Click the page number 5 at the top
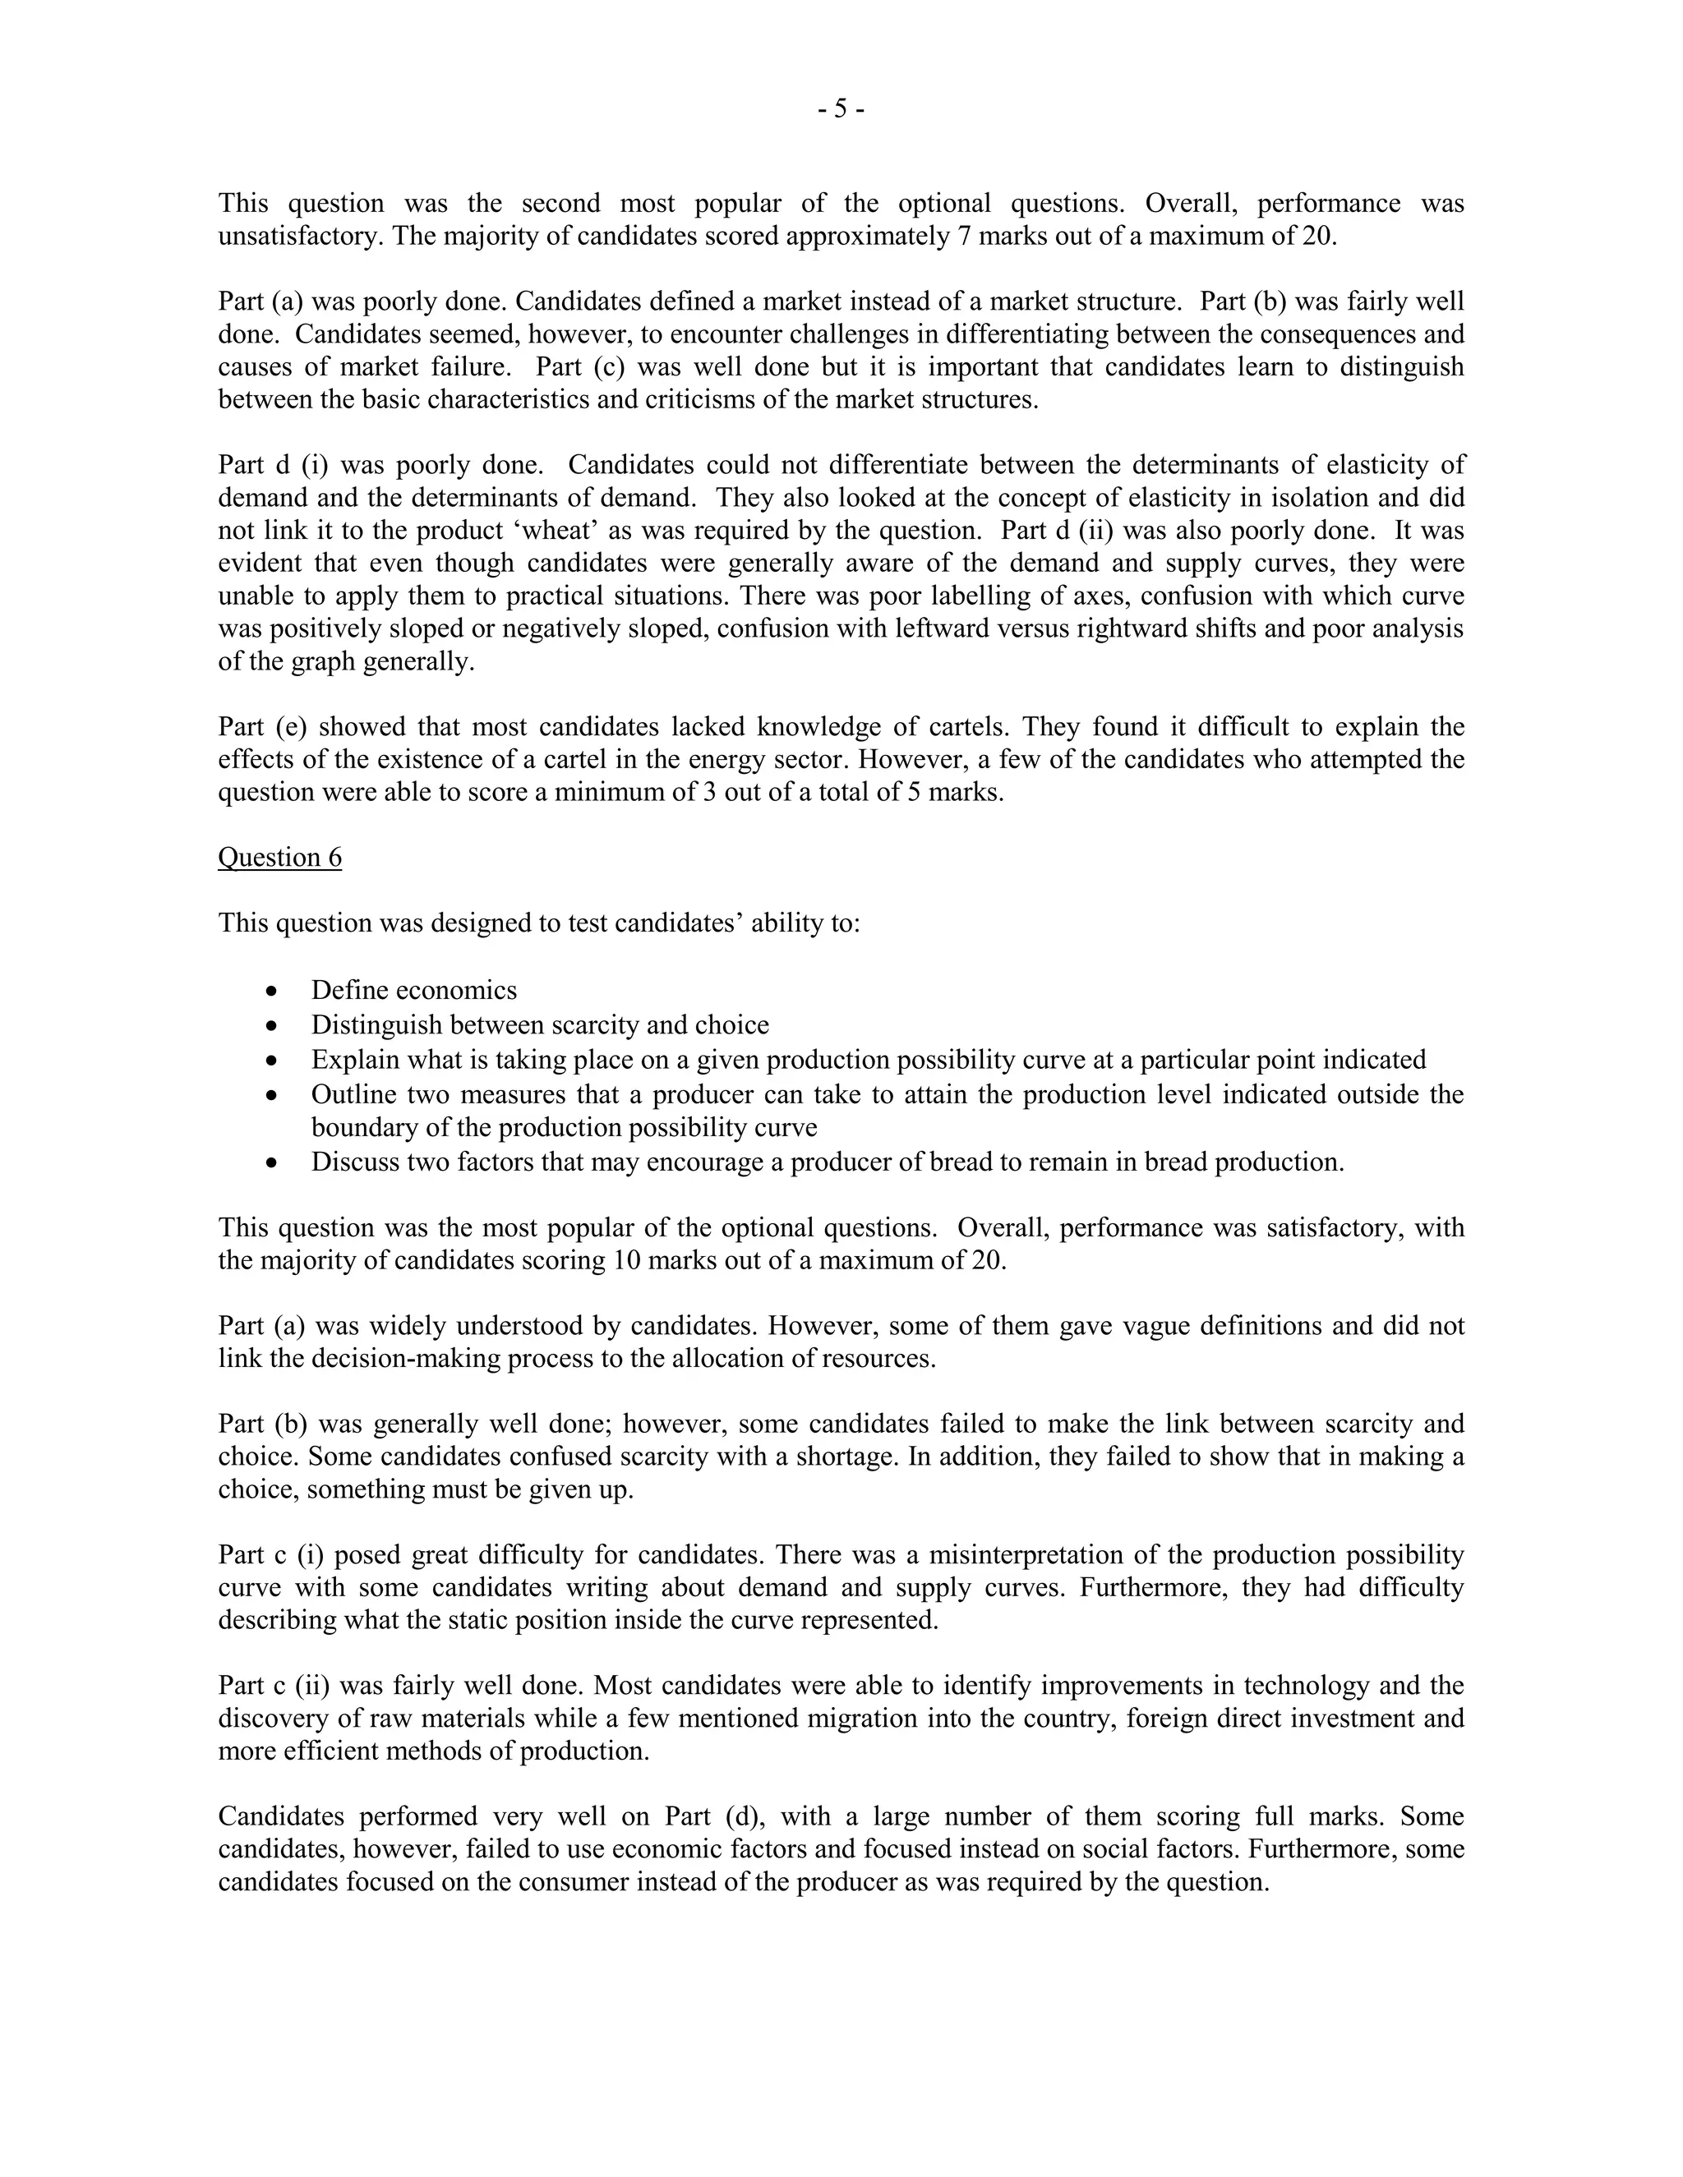pos(841,108)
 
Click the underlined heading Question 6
pos(279,857)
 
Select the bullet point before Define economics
pos(272,992)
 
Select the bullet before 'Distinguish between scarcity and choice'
pos(272,1026)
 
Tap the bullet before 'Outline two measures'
pos(272,1094)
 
